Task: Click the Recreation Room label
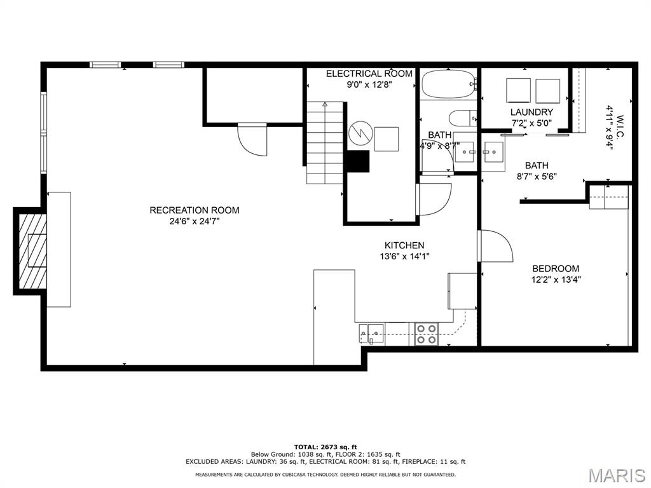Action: tap(195, 210)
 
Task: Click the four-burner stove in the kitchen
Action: tap(427, 334)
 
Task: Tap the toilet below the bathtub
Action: tap(463, 118)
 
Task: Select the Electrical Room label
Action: tap(369, 74)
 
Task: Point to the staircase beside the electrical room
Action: tap(325, 143)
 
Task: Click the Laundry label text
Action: tap(531, 112)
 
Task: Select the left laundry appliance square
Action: tap(518, 90)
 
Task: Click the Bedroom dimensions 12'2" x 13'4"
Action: tap(556, 279)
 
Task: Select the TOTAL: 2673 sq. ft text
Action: tap(325, 447)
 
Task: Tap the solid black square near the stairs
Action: tap(358, 161)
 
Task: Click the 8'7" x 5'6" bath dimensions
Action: tap(536, 177)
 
